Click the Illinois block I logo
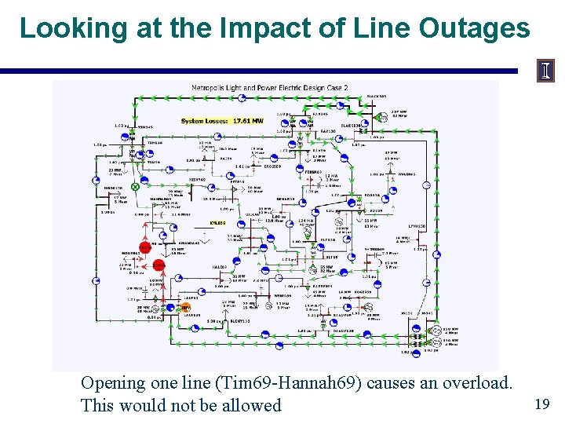(545, 71)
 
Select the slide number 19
(541, 404)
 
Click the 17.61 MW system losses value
(247, 121)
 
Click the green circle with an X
(135, 188)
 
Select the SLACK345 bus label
(377, 97)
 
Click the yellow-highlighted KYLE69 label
(217, 222)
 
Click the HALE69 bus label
(220, 267)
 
